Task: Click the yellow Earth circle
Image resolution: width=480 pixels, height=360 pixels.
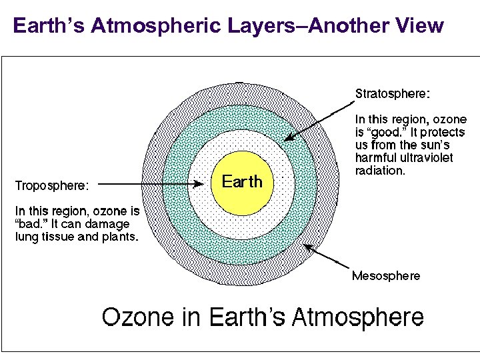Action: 241,181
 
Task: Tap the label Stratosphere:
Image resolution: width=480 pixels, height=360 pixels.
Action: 393,93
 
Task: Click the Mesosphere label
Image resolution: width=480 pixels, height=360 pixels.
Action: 386,275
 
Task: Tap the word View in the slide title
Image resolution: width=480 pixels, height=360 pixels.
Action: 420,26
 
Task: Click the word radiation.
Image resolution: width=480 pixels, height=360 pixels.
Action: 380,171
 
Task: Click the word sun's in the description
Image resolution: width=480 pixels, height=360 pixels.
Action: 435,145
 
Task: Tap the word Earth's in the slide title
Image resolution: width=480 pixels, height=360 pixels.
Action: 49,26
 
